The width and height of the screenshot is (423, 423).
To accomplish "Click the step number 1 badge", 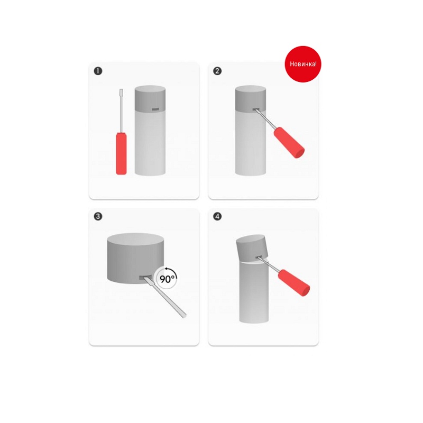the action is click(x=98, y=71).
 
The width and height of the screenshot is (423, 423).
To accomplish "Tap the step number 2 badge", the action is click(x=217, y=71).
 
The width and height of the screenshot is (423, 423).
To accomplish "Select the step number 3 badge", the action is click(x=98, y=216).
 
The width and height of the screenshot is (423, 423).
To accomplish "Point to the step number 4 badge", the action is click(x=217, y=216).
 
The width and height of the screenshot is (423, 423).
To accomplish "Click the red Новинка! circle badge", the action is click(x=303, y=64).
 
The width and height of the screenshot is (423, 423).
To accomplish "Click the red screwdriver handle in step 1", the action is click(x=121, y=153).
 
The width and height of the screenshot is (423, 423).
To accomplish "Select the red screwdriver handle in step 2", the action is click(x=289, y=142).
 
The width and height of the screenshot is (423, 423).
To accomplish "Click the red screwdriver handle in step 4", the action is click(x=294, y=283).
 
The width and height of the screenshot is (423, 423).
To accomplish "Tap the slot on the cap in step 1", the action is click(x=155, y=109).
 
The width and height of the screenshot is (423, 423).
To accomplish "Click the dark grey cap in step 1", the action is click(x=150, y=98).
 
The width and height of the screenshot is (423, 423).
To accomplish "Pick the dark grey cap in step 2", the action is click(x=251, y=98).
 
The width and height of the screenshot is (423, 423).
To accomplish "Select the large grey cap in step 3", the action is click(x=135, y=258).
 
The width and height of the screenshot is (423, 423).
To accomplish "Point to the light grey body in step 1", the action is click(x=150, y=143).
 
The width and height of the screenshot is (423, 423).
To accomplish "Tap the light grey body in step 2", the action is click(x=251, y=143).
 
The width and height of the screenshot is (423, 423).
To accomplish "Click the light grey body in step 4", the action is click(x=254, y=292).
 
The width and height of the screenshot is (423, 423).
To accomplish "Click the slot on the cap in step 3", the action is click(x=144, y=278).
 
